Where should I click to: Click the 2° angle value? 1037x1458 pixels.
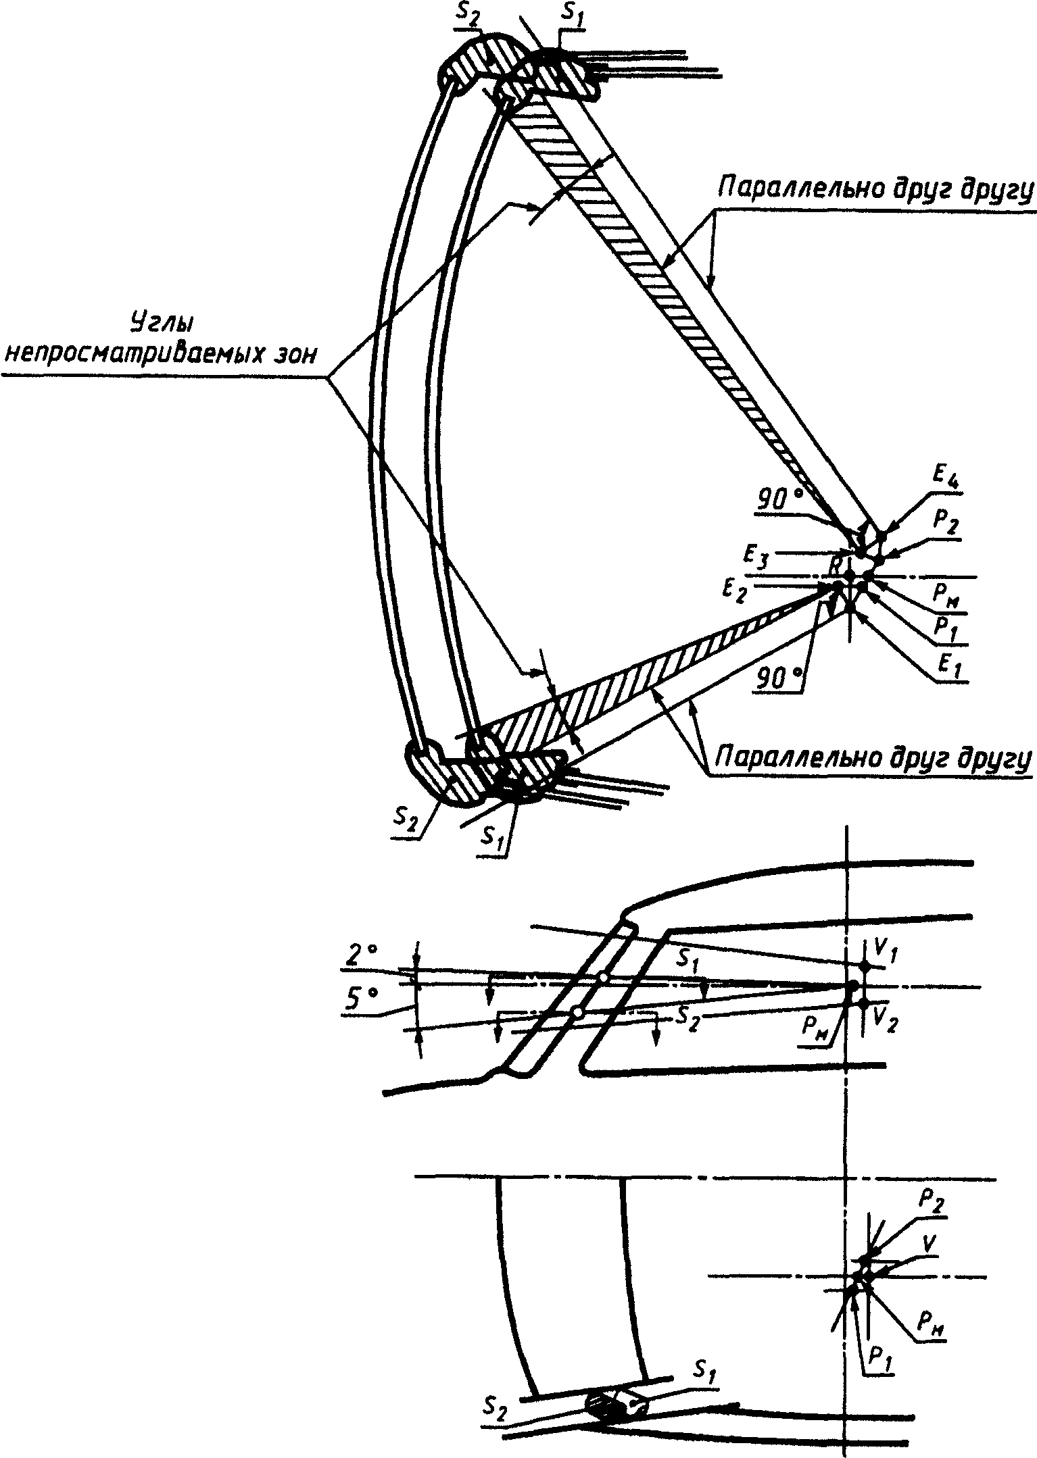point(360,955)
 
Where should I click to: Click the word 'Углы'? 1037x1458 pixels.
point(160,324)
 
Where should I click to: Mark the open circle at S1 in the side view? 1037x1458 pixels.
point(604,977)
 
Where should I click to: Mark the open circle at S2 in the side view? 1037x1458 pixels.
point(577,1011)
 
